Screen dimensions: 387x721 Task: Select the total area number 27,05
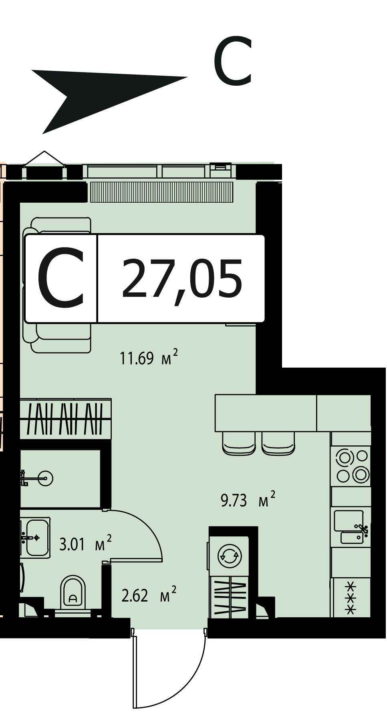(x=182, y=279)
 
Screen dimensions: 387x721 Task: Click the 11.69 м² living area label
(x=149, y=358)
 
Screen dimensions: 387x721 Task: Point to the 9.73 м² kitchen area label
(x=248, y=500)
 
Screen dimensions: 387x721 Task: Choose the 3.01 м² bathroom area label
(x=85, y=544)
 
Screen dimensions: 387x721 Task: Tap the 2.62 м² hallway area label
(x=149, y=595)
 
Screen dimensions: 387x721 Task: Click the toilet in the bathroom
(x=73, y=594)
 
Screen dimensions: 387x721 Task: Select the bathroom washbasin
(x=35, y=537)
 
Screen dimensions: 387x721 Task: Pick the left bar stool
(x=239, y=444)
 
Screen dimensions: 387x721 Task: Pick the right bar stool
(x=278, y=444)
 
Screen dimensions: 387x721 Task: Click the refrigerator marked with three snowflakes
(x=351, y=598)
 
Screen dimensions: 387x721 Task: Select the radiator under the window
(x=161, y=192)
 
